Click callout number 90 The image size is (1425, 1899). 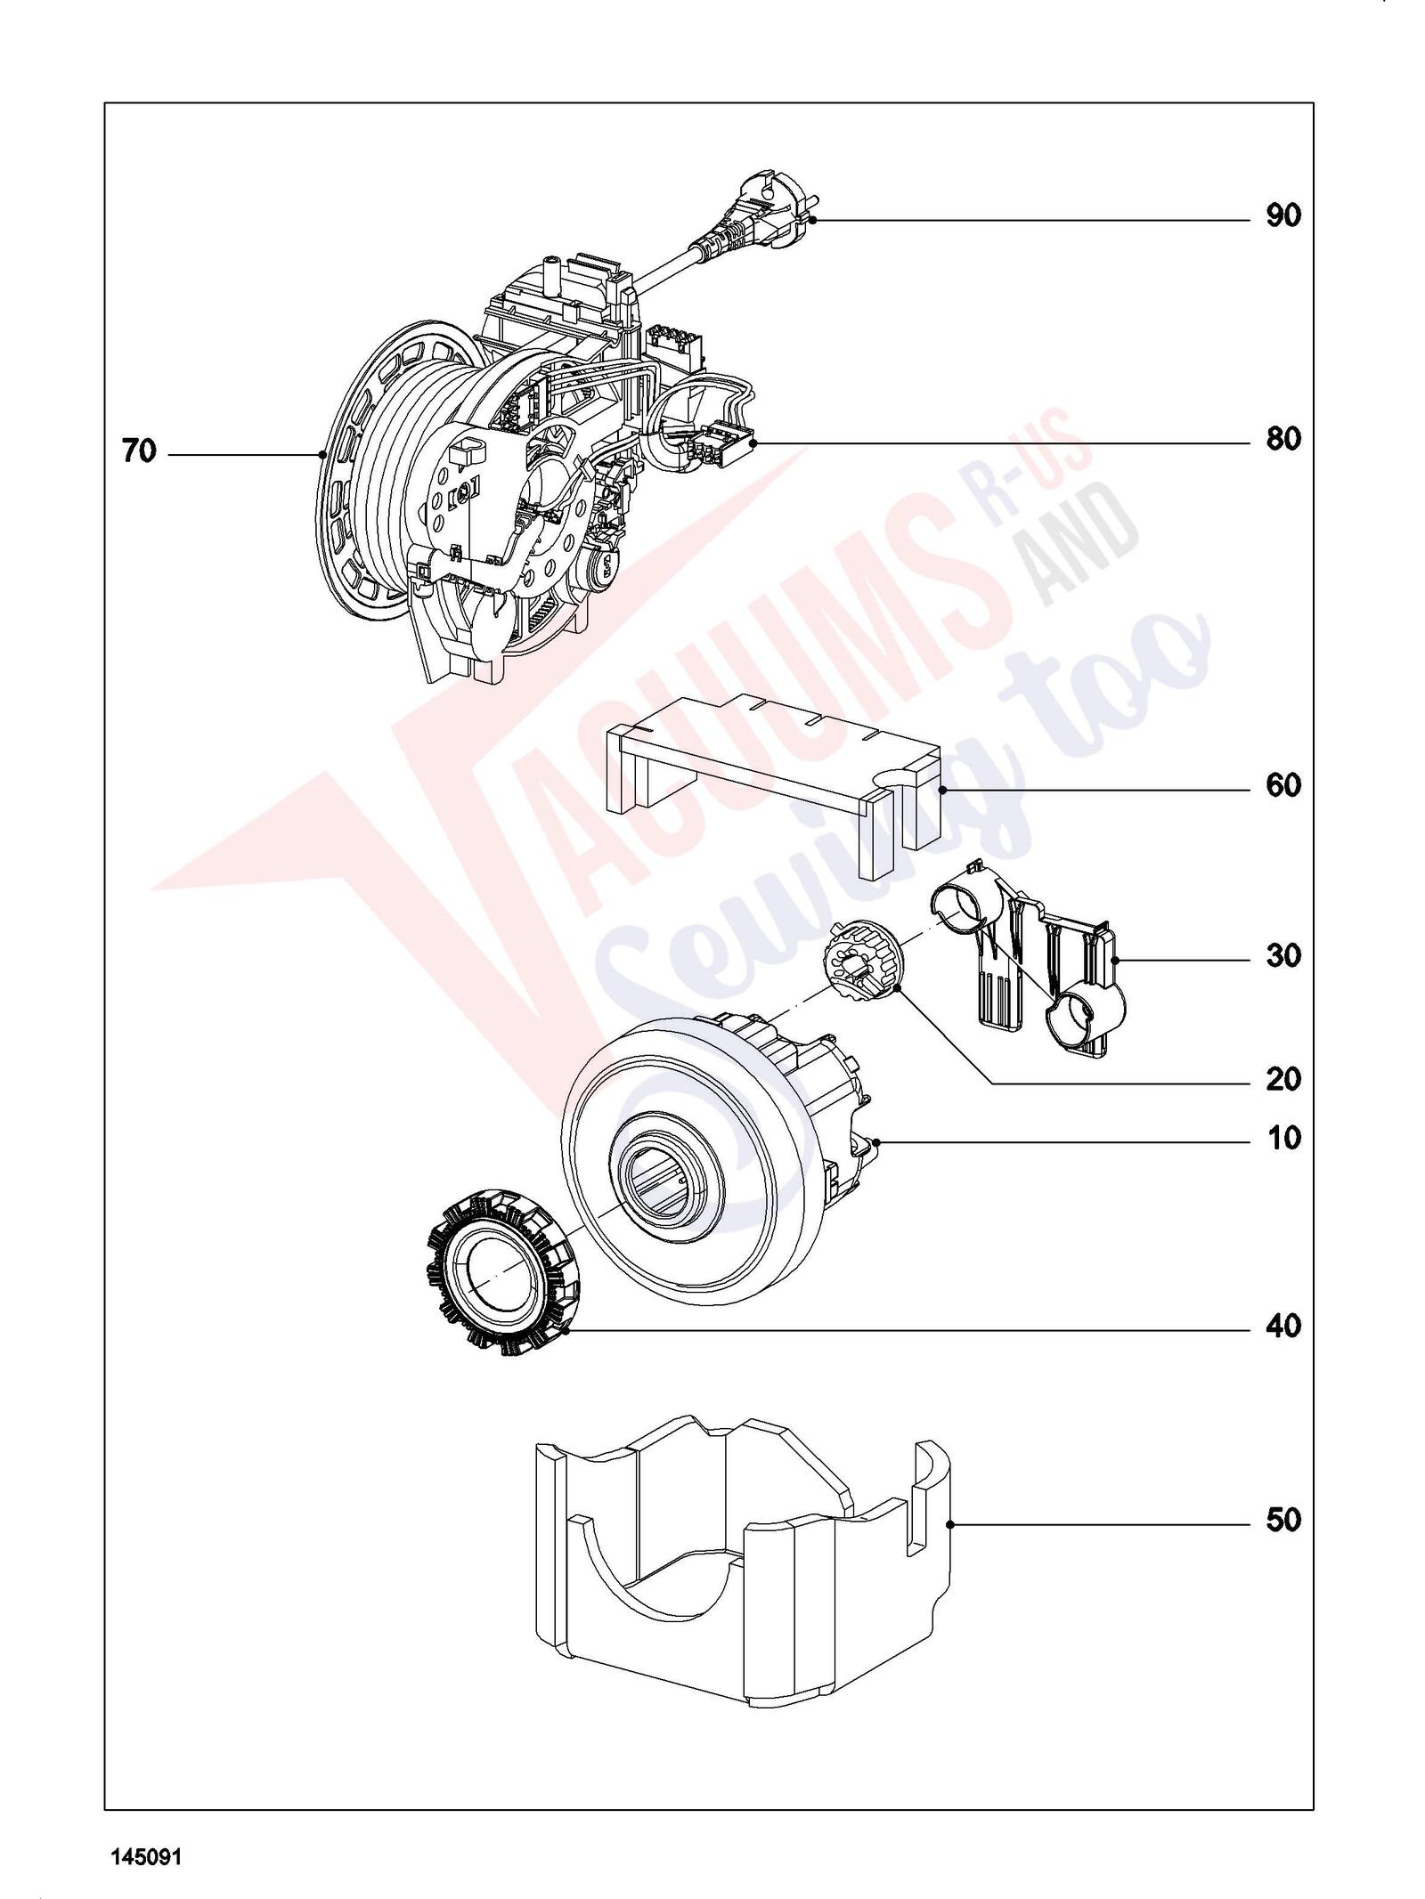(1283, 215)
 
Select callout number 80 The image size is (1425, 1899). (1283, 439)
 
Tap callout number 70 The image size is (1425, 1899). (139, 452)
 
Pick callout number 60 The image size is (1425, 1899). (1283, 785)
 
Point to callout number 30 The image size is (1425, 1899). (1283, 956)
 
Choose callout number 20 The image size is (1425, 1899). (1283, 1080)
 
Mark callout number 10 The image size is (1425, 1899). (1283, 1138)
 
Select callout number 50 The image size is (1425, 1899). (1283, 1520)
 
